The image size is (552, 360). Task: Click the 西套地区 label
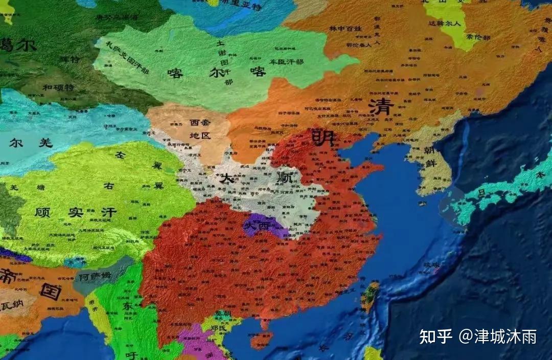(x=200, y=129)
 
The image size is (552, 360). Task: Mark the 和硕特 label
(x=58, y=87)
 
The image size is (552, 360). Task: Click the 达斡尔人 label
(x=444, y=24)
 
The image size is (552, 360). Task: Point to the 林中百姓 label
(x=345, y=28)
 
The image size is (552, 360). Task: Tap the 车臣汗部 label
(x=286, y=61)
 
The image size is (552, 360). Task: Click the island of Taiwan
(x=371, y=296)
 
